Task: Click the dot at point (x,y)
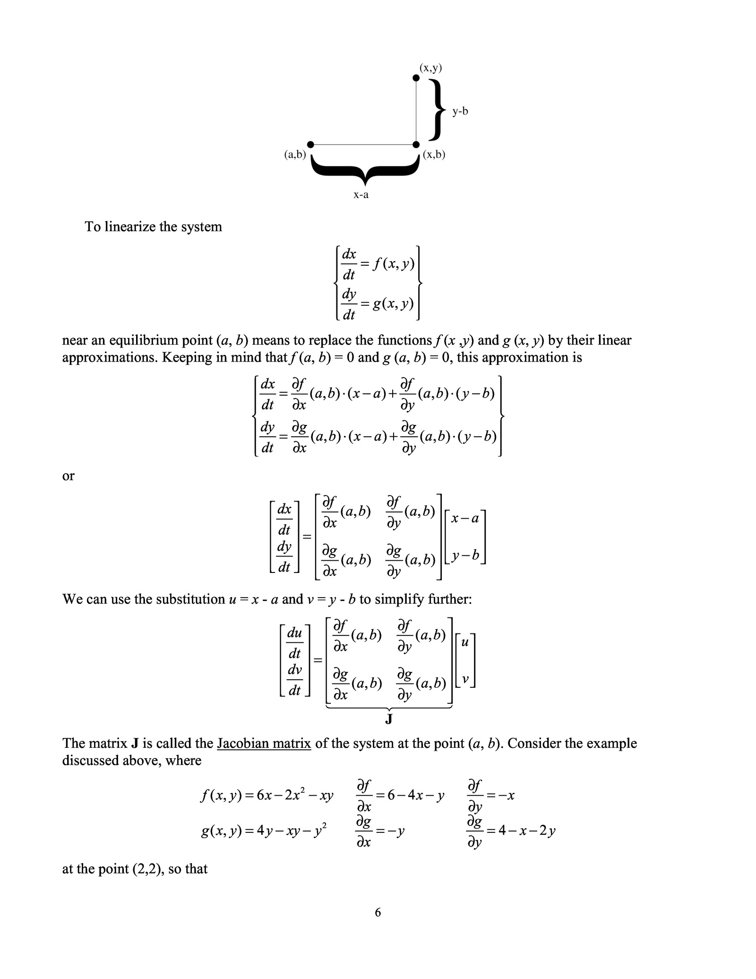point(416,78)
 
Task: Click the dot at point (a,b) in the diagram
point(310,144)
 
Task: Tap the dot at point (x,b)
point(416,144)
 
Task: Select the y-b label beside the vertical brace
point(460,112)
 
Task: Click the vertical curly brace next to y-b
point(438,110)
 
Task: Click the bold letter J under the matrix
point(389,719)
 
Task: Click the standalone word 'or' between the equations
point(69,476)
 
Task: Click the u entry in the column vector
point(464,643)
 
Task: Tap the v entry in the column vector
point(465,680)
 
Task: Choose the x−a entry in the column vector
point(465,519)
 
